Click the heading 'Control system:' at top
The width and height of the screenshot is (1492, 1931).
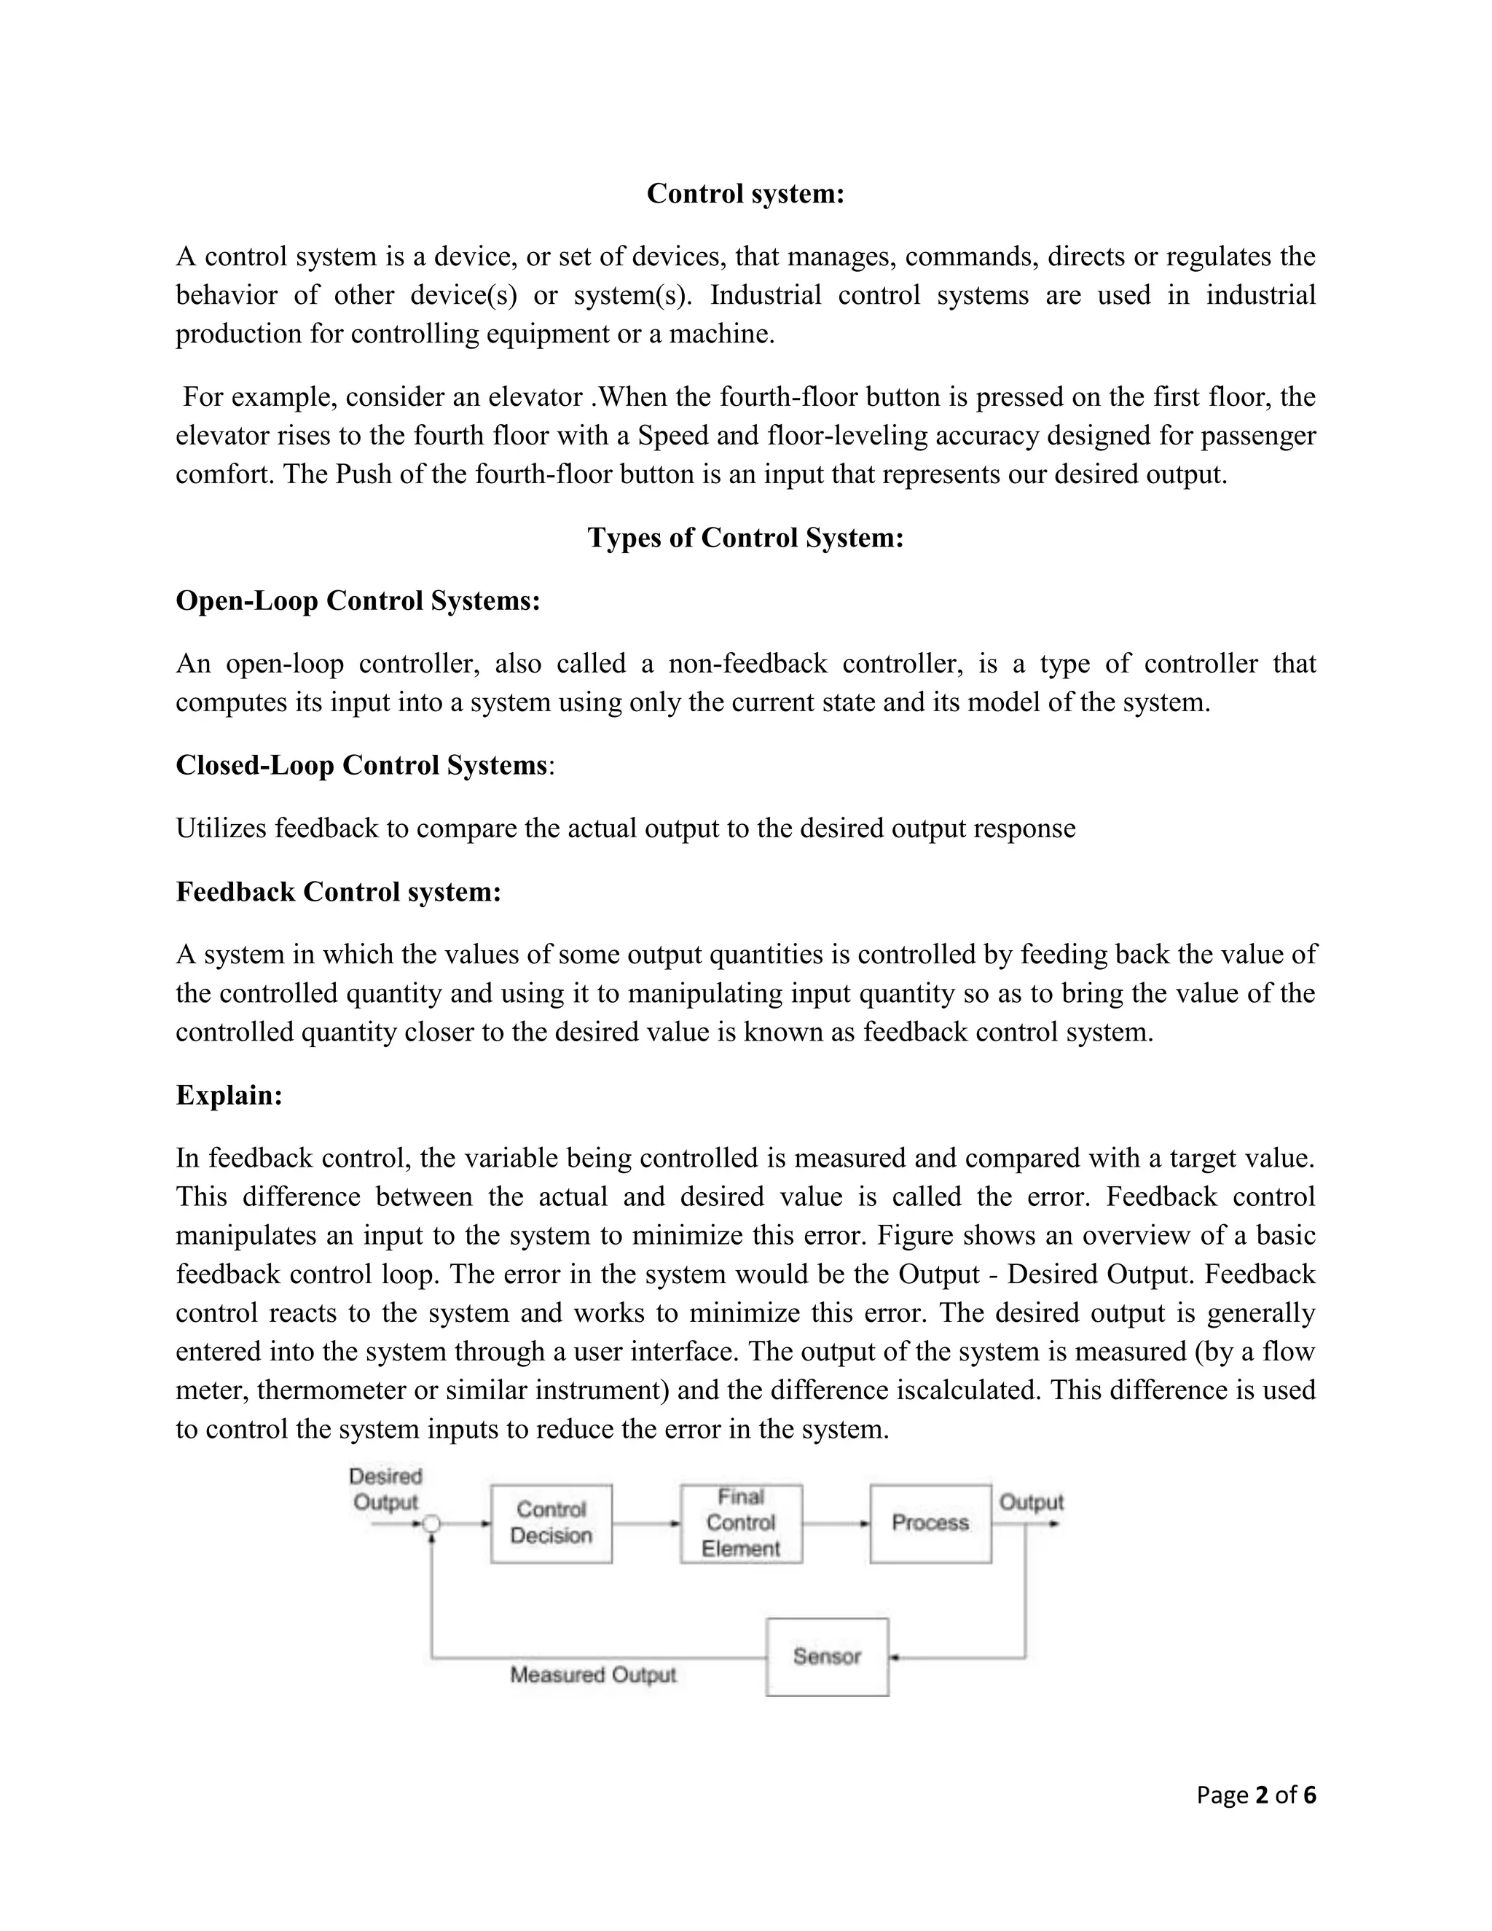[x=745, y=194]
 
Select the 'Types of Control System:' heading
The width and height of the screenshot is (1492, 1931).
[x=745, y=538]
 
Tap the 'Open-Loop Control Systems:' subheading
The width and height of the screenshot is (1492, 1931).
[x=358, y=601]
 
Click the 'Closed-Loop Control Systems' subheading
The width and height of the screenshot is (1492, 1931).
[x=361, y=765]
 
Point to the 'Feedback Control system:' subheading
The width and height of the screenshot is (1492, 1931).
[x=339, y=891]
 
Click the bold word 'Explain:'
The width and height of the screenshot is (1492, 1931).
[x=229, y=1095]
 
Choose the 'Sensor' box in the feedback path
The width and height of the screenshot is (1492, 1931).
[x=826, y=1656]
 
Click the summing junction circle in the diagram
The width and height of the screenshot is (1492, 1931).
[x=431, y=1524]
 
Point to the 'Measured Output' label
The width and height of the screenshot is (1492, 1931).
[x=592, y=1675]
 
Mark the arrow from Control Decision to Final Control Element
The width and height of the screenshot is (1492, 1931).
[x=646, y=1524]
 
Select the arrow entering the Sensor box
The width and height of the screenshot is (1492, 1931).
[x=954, y=1657]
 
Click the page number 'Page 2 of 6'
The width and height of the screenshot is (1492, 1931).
[x=1255, y=1794]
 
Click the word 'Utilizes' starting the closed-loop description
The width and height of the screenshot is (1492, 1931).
[x=221, y=829]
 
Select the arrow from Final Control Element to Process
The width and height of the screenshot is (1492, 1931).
[x=836, y=1524]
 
